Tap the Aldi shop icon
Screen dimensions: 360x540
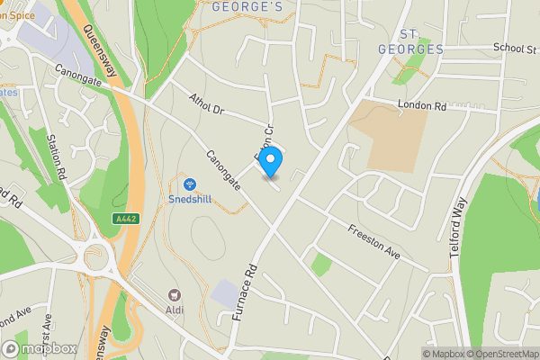(175, 294)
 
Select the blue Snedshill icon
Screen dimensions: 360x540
(189, 184)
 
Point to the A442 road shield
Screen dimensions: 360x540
(126, 219)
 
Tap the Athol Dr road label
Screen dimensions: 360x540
(206, 105)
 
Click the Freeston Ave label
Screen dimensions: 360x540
(373, 237)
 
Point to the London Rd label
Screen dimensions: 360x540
(422, 106)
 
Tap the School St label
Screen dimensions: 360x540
(514, 49)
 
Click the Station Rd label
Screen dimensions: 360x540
(56, 154)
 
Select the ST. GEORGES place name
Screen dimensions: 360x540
(410, 40)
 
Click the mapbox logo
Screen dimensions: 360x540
(39, 348)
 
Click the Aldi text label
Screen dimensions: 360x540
(175, 310)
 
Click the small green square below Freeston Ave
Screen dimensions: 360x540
(320, 265)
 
